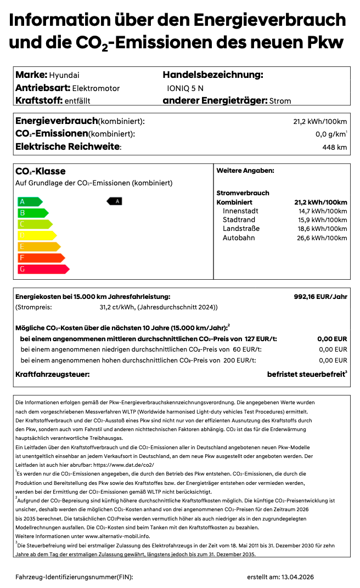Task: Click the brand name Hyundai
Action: click(64, 75)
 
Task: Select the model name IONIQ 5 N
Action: click(185, 88)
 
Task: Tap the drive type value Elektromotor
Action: click(95, 88)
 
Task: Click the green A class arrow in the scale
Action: click(30, 201)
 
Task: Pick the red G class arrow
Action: click(43, 269)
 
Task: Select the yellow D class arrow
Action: click(37, 235)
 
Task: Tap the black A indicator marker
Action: click(115, 201)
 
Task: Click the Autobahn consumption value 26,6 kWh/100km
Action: click(322, 238)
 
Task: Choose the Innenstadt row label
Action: click(240, 211)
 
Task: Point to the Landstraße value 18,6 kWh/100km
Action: click(322, 229)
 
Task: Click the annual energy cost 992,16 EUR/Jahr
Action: click(320, 296)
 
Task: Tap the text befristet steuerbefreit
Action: click(305, 374)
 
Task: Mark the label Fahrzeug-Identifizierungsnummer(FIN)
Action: click(74, 577)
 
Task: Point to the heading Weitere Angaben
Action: click(245, 171)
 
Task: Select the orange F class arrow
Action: click(41, 258)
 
